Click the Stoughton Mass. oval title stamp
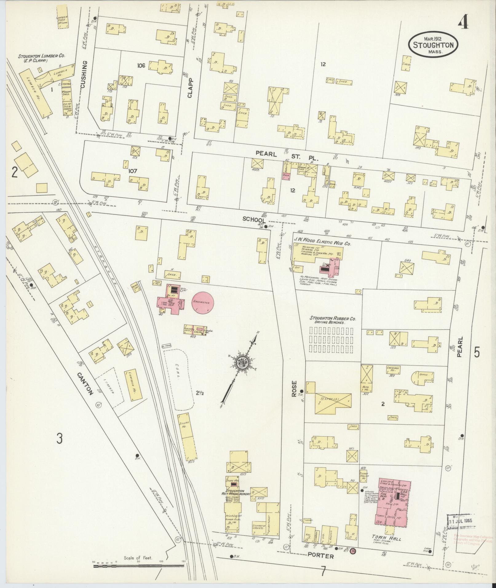pos(433,45)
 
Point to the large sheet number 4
pos(463,22)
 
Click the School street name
pos(254,219)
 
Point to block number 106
pos(141,65)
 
